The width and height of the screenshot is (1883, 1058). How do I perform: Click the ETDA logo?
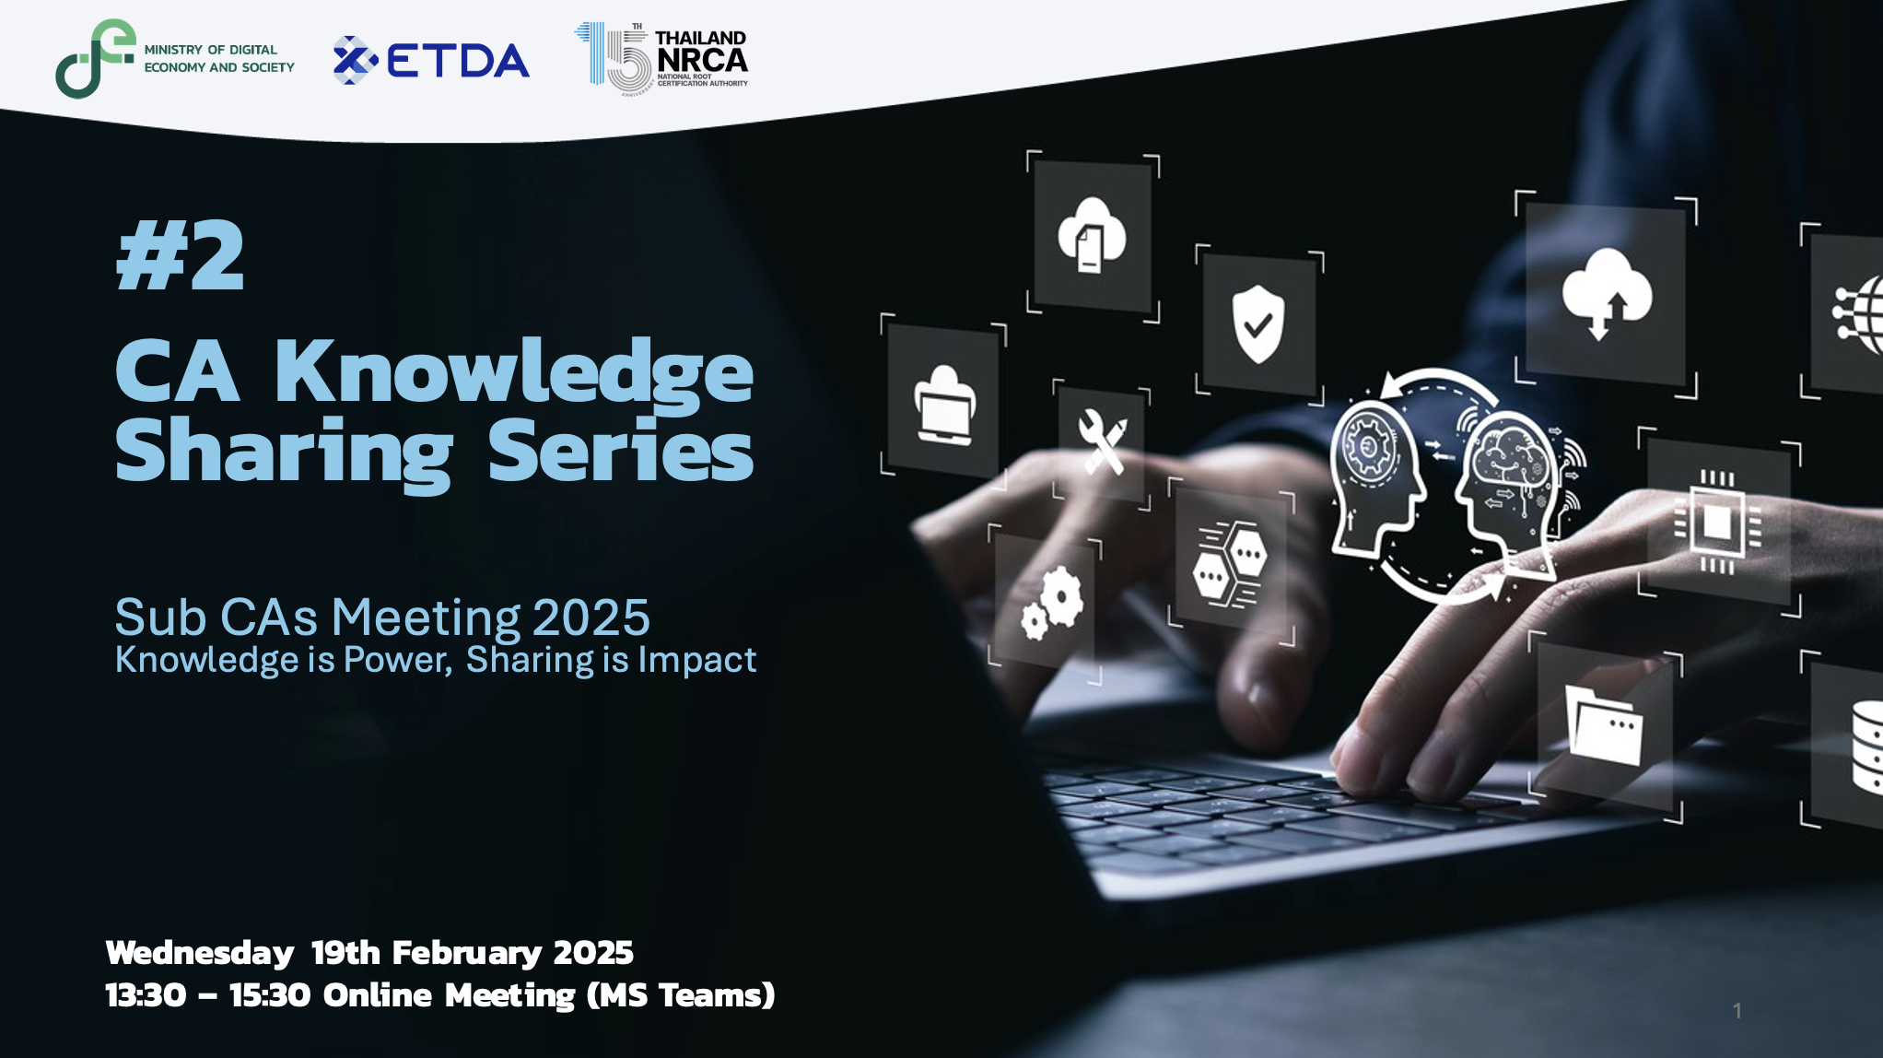pos(431,61)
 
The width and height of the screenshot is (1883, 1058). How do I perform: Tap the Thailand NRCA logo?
pos(661,59)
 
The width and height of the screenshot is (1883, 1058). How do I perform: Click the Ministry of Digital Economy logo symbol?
pos(95,59)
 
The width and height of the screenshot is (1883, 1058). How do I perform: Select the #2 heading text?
pos(181,256)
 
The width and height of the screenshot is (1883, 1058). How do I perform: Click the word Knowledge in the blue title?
pos(514,372)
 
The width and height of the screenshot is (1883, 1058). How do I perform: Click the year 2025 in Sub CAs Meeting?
pos(591,617)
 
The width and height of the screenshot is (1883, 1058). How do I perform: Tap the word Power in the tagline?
pos(398,660)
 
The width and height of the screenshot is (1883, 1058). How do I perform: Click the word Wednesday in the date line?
pos(200,953)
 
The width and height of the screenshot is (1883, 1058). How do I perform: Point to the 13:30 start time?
pos(146,995)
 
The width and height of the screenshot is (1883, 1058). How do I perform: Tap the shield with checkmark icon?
pos(1258,323)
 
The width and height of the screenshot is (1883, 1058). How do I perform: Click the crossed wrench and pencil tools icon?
pos(1103,441)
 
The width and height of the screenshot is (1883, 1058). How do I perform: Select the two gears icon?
pos(1052,603)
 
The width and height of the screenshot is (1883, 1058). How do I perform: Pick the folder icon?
pos(1603,725)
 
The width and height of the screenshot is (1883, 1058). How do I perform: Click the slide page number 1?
pos(1737,1011)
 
